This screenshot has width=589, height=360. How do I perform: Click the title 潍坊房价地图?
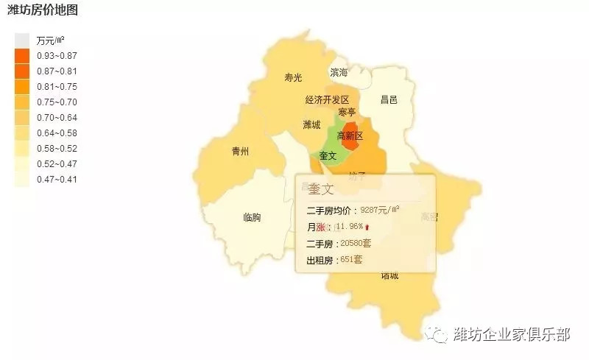(x=43, y=10)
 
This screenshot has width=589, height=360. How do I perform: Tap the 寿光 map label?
(x=293, y=77)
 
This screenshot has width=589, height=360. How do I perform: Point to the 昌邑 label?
(x=388, y=99)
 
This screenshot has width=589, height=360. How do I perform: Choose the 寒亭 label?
(x=347, y=112)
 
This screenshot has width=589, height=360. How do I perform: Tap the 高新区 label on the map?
(x=350, y=136)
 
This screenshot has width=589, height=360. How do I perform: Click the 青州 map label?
(x=240, y=152)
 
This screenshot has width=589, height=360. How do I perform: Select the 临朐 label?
(x=252, y=217)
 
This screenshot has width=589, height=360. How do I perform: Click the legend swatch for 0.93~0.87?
(x=22, y=55)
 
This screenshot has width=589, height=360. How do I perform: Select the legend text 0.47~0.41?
(x=57, y=179)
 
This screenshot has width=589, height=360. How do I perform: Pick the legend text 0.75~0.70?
(x=57, y=102)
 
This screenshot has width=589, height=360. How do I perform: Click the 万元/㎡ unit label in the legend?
(x=55, y=40)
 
